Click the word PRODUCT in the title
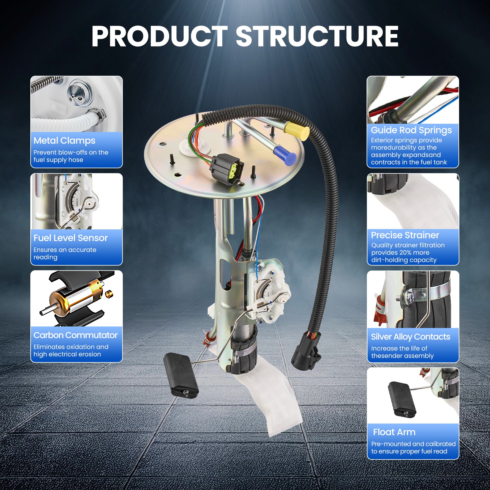click(159, 36)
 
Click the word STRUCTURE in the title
click(317, 36)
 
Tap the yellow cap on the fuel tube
click(297, 131)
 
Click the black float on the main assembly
click(181, 375)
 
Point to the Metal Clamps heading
click(64, 141)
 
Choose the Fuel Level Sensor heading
click(70, 238)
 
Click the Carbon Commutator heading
click(75, 335)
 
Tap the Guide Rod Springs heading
click(411, 130)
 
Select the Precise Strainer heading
click(405, 235)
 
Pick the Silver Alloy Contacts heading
click(410, 337)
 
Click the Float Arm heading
click(394, 432)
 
